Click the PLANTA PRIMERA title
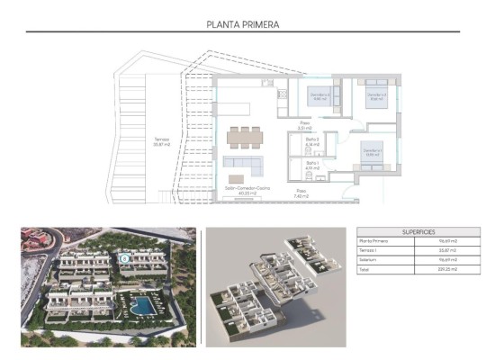pyautogui.click(x=243, y=25)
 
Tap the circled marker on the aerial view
pyautogui.click(x=123, y=257)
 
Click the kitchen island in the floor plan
pyautogui.click(x=238, y=109)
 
